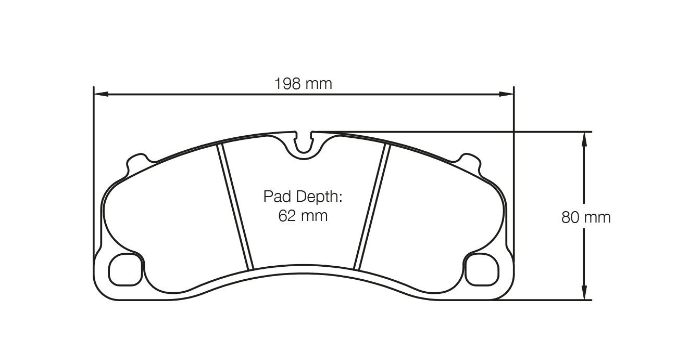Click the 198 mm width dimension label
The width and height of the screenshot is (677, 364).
tap(303, 83)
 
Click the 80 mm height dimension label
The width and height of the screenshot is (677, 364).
tap(586, 217)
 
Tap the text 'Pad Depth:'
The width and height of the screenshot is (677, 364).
tap(302, 197)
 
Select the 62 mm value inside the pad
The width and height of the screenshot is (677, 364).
tap(303, 215)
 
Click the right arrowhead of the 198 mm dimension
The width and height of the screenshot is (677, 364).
tap(506, 94)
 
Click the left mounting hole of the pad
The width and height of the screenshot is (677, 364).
tap(126, 269)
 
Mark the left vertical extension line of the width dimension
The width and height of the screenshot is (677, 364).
tap(93, 172)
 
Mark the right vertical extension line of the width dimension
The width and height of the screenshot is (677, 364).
tap(513, 172)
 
